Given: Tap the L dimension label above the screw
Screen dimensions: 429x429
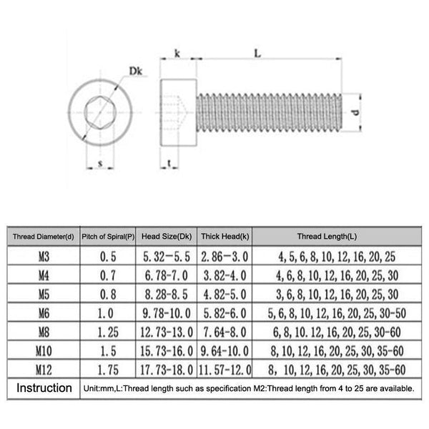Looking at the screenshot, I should (257, 53).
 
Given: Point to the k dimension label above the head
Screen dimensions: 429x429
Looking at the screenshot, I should (176, 54).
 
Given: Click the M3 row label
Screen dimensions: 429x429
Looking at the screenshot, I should (43, 255).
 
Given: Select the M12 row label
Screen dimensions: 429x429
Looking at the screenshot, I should (43, 368).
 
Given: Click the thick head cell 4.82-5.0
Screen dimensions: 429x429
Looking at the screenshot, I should (225, 294).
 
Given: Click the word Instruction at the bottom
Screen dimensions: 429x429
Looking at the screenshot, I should (44, 388).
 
